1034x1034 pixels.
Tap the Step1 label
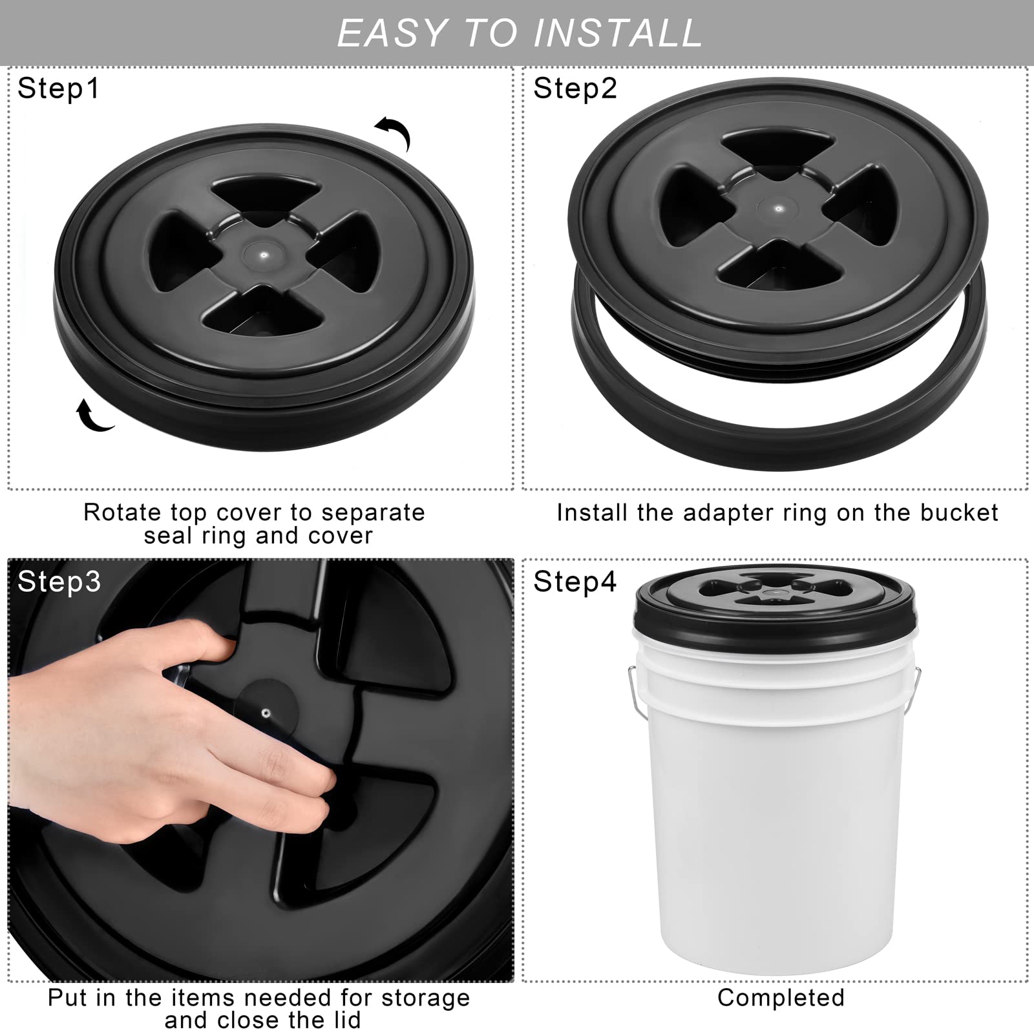point(59,89)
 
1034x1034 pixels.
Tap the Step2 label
point(575,89)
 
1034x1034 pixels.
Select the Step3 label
point(59,582)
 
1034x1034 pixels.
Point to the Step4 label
point(575,582)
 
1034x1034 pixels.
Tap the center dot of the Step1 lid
point(263,255)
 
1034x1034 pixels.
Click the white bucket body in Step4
point(775,808)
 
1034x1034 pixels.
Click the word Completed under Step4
point(781,998)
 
